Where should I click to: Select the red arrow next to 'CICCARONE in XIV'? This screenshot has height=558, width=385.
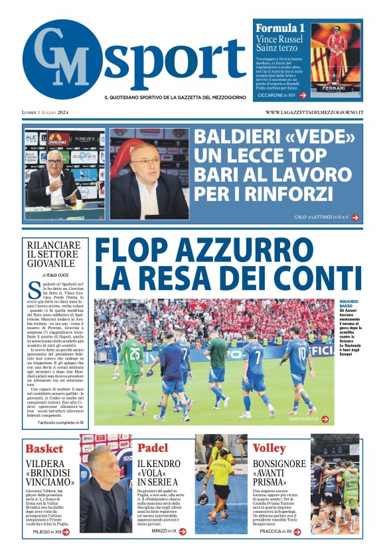303,96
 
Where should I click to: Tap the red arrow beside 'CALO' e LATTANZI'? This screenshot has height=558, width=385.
355,217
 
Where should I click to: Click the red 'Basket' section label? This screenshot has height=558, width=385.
44,449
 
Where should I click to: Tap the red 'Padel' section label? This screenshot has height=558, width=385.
153,449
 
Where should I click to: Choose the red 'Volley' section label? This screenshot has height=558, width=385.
269,449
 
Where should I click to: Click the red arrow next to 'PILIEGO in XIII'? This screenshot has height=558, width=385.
66,531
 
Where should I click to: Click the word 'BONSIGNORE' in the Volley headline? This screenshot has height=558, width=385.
279,464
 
